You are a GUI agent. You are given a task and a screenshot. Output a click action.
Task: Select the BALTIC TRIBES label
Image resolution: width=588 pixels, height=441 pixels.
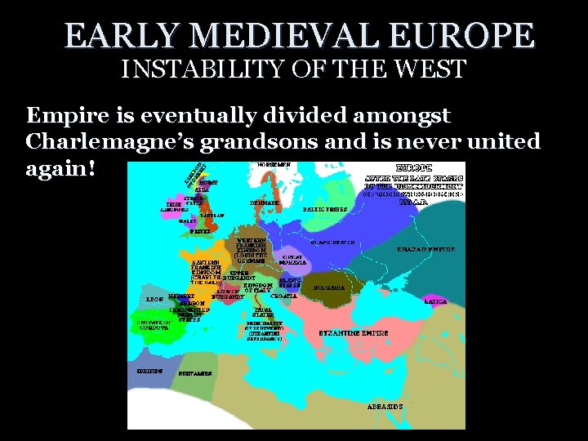coord(325,209)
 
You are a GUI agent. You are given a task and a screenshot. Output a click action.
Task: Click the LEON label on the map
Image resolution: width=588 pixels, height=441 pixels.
coord(154,299)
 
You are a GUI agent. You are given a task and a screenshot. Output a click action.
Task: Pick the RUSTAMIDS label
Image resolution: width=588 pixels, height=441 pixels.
coord(196,373)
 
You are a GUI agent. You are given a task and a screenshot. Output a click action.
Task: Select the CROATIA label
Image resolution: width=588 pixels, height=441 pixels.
coord(283,296)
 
